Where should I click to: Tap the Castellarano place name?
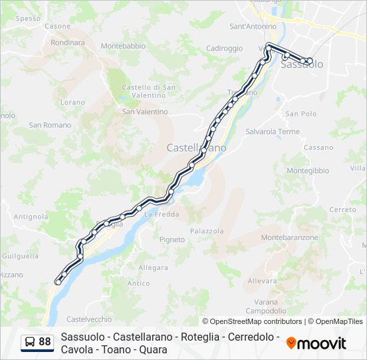(196, 147)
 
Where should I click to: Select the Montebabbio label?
(123, 46)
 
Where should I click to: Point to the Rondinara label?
(67, 42)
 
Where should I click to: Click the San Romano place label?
(50, 125)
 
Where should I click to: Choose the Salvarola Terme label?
(273, 132)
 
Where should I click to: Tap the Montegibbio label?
(308, 171)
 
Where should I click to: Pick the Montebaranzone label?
(290, 237)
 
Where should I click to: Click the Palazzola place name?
(207, 231)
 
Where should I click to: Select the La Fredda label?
(161, 214)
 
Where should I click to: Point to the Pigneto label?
(172, 240)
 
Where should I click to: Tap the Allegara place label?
(153, 268)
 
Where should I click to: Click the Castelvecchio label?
(89, 319)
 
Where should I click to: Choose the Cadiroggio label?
(224, 48)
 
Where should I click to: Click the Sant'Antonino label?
(253, 27)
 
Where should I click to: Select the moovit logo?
(316, 343)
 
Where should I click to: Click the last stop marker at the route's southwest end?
(58, 282)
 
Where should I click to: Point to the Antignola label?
(31, 217)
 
